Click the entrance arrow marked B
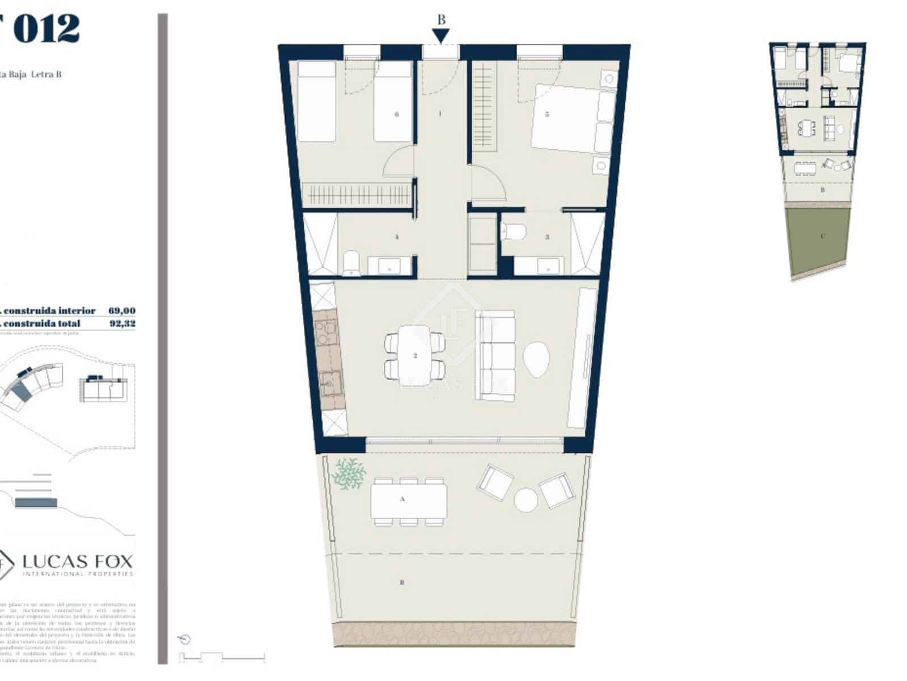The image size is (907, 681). pyautogui.click(x=441, y=36)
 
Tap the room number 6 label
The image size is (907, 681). pyautogui.click(x=397, y=114)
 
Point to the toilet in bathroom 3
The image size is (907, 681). pyautogui.click(x=515, y=231)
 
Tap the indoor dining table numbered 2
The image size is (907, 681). pyautogui.click(x=414, y=355)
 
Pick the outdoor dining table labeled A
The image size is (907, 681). pyautogui.click(x=408, y=500)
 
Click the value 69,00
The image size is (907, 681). pyautogui.click(x=122, y=310)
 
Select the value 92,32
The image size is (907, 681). pyautogui.click(x=122, y=323)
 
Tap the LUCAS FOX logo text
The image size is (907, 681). pyautogui.click(x=78, y=562)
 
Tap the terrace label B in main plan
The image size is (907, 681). pyautogui.click(x=402, y=582)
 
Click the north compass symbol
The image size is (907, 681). pyautogui.click(x=185, y=640)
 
